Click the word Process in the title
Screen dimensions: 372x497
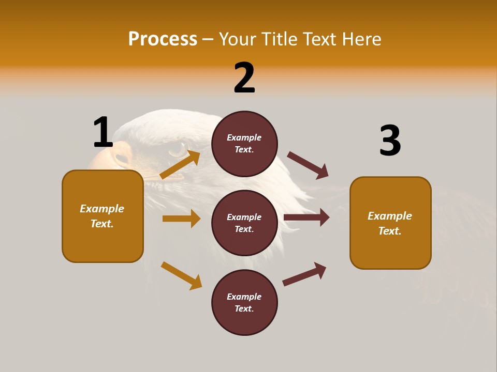[163, 39]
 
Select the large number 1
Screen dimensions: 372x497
[103, 133]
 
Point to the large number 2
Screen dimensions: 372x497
[244, 78]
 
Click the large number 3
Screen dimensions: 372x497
[390, 141]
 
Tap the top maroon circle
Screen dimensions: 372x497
[244, 144]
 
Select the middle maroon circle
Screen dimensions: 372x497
[244, 223]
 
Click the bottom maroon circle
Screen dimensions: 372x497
[244, 302]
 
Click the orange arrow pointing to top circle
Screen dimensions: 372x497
[180, 165]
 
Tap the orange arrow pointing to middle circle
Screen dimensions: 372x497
[181, 219]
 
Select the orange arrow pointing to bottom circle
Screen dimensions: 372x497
[181, 275]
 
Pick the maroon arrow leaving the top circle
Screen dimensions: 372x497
[308, 165]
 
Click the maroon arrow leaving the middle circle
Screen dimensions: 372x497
[306, 218]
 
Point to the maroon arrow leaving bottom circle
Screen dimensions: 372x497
[304, 274]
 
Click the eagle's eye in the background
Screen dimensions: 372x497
[177, 149]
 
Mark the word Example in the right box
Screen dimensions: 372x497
[390, 216]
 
